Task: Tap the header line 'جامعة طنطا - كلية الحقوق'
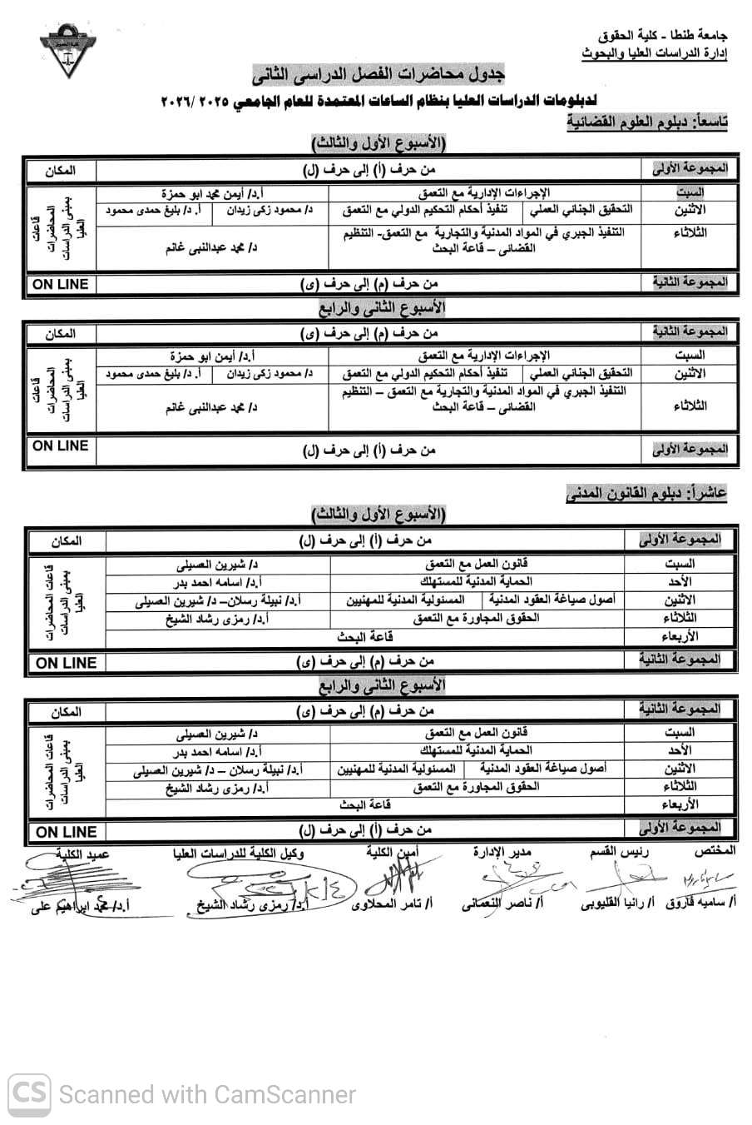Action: [661, 36]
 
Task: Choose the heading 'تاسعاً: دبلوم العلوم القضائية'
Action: [647, 122]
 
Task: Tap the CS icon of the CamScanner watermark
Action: [28, 1093]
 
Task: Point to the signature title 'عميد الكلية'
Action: [82, 854]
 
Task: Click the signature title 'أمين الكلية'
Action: [392, 853]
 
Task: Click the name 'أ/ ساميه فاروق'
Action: [702, 902]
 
